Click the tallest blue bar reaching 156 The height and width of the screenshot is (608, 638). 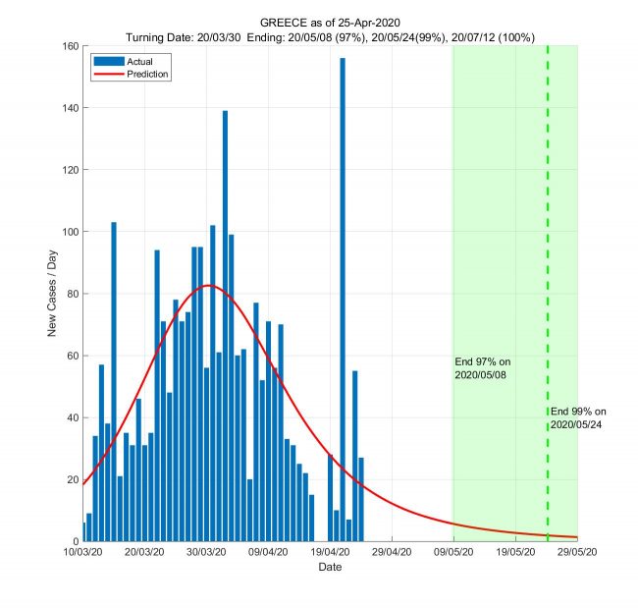coord(343,295)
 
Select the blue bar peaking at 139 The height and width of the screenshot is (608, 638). coord(225,324)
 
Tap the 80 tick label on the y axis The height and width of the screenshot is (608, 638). coord(72,294)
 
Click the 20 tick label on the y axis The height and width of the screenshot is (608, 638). coord(72,479)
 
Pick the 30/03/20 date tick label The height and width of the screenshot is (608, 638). coord(206,553)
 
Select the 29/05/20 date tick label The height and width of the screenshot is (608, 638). coord(577,553)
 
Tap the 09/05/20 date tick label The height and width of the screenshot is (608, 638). coord(453,553)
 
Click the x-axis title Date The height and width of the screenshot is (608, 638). coord(330,568)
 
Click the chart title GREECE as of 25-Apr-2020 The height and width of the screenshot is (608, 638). coord(330,22)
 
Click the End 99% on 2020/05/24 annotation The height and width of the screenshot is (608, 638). coord(579,416)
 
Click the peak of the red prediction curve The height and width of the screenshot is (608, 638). coord(208,286)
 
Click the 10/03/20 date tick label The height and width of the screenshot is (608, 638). coord(83,553)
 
